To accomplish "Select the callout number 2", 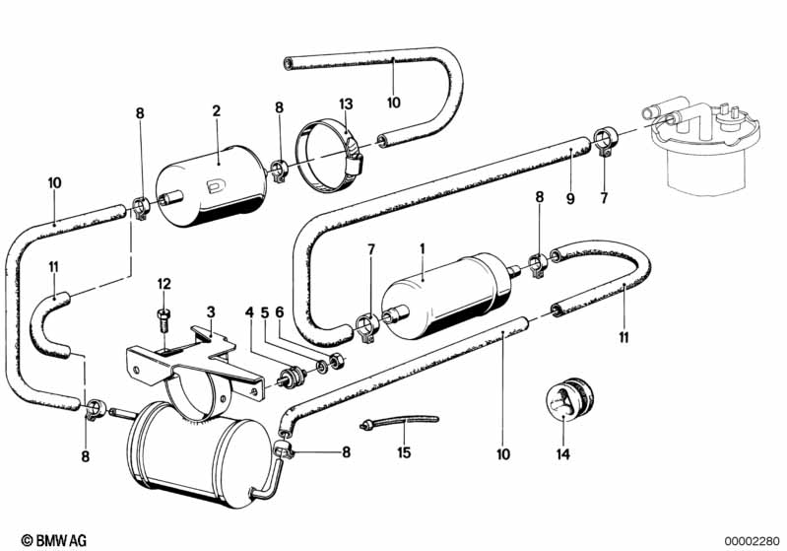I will [x=216, y=112].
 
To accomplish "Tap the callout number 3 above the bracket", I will [x=210, y=311].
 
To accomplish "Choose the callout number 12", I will [x=164, y=285].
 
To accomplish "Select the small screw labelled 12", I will [x=164, y=317].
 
